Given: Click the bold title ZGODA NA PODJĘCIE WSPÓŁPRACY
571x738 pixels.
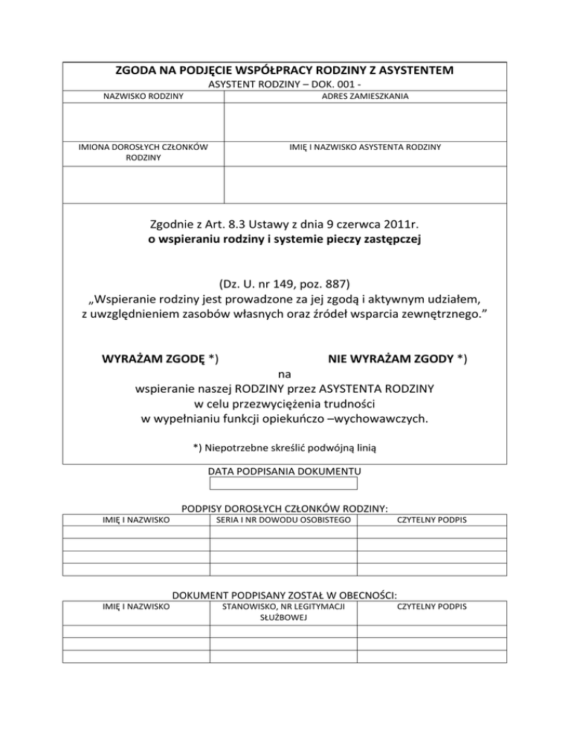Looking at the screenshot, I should (x=284, y=71).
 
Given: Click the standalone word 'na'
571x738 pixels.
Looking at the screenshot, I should (x=284, y=373).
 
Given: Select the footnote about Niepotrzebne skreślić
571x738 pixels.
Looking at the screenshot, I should (x=284, y=447).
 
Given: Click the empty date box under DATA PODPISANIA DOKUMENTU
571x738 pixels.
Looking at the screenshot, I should (x=284, y=484).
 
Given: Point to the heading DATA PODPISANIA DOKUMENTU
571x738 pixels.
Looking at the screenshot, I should (x=284, y=471).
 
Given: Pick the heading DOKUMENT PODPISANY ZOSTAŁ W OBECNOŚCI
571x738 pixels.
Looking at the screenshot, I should (x=284, y=595).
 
